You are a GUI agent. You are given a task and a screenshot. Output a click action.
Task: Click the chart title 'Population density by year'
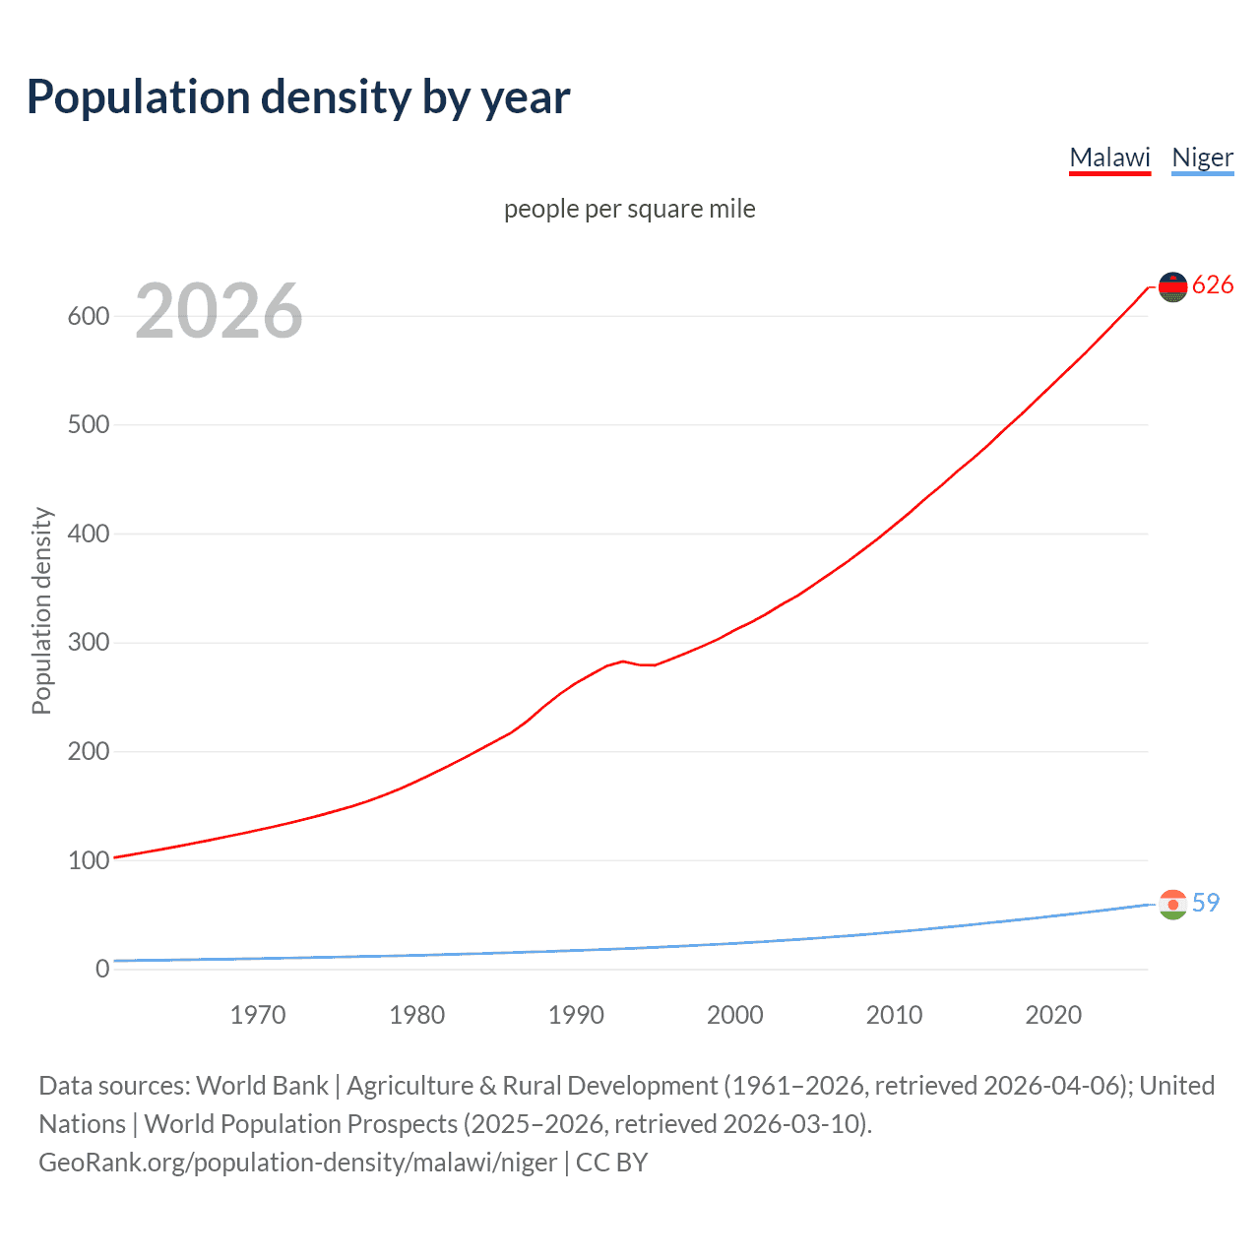coord(298,97)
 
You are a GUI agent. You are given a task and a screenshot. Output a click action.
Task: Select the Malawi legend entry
coord(1109,157)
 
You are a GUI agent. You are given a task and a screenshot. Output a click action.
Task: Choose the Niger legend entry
coord(1202,157)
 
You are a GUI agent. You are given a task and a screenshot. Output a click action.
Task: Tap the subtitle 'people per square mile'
coord(630,209)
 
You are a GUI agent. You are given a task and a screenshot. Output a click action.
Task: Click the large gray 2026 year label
coord(219,311)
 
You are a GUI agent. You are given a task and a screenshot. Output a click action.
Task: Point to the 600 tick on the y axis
coord(88,316)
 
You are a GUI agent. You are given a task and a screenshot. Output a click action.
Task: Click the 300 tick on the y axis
coord(88,643)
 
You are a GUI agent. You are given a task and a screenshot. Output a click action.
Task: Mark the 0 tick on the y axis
coord(101,969)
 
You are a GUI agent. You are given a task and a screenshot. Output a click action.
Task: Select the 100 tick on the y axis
coord(88,860)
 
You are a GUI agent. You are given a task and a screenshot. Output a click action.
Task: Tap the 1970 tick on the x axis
coord(258,1015)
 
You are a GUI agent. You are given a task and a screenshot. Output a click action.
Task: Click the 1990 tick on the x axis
coord(576,1015)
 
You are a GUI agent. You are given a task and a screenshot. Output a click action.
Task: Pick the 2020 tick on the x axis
coord(1053,1015)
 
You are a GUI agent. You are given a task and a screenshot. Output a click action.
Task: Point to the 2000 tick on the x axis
coord(735,1015)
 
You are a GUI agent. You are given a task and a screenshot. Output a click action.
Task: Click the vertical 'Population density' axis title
coord(41,610)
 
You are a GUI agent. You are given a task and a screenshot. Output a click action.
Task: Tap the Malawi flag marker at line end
coord(1172,286)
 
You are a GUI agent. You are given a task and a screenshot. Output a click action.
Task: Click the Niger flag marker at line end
coord(1172,904)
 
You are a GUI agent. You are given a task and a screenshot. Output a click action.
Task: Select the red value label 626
coord(1213,285)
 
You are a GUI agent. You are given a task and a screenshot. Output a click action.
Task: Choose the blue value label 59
coord(1206,903)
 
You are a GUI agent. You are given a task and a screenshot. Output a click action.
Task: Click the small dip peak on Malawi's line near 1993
coord(623,661)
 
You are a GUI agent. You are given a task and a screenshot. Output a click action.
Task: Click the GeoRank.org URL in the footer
coord(298,1163)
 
